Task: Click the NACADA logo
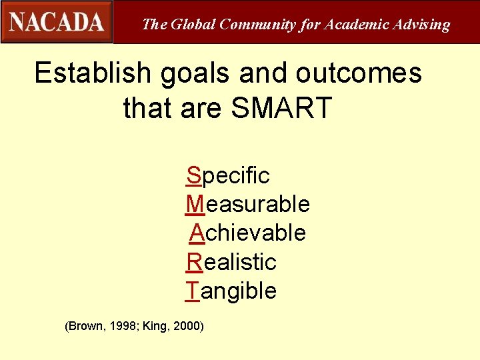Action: click(57, 22)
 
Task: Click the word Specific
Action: click(228, 176)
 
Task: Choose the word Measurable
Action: click(247, 204)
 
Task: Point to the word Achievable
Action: click(247, 233)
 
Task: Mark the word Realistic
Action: click(231, 262)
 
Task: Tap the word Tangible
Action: click(231, 291)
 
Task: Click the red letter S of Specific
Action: click(193, 175)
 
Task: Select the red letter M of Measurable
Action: click(195, 204)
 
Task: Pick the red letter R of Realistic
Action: click(194, 262)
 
